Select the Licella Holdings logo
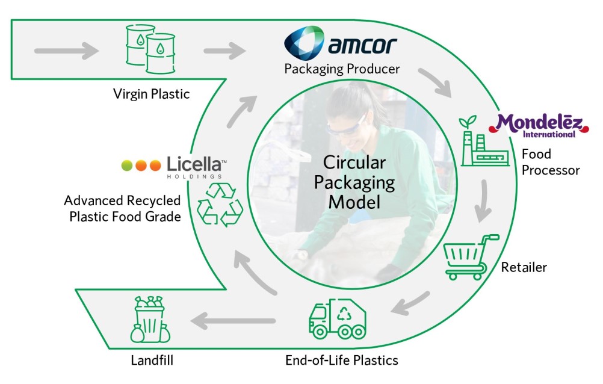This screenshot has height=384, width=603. tap(171, 166)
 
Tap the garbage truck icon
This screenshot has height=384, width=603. tap(338, 318)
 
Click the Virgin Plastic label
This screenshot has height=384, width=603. tap(151, 94)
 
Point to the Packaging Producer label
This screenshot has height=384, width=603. tap(341, 69)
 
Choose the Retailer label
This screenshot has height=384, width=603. tap(524, 267)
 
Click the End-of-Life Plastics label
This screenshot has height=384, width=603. tap(341, 361)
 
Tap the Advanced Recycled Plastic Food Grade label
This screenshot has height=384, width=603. tap(123, 208)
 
